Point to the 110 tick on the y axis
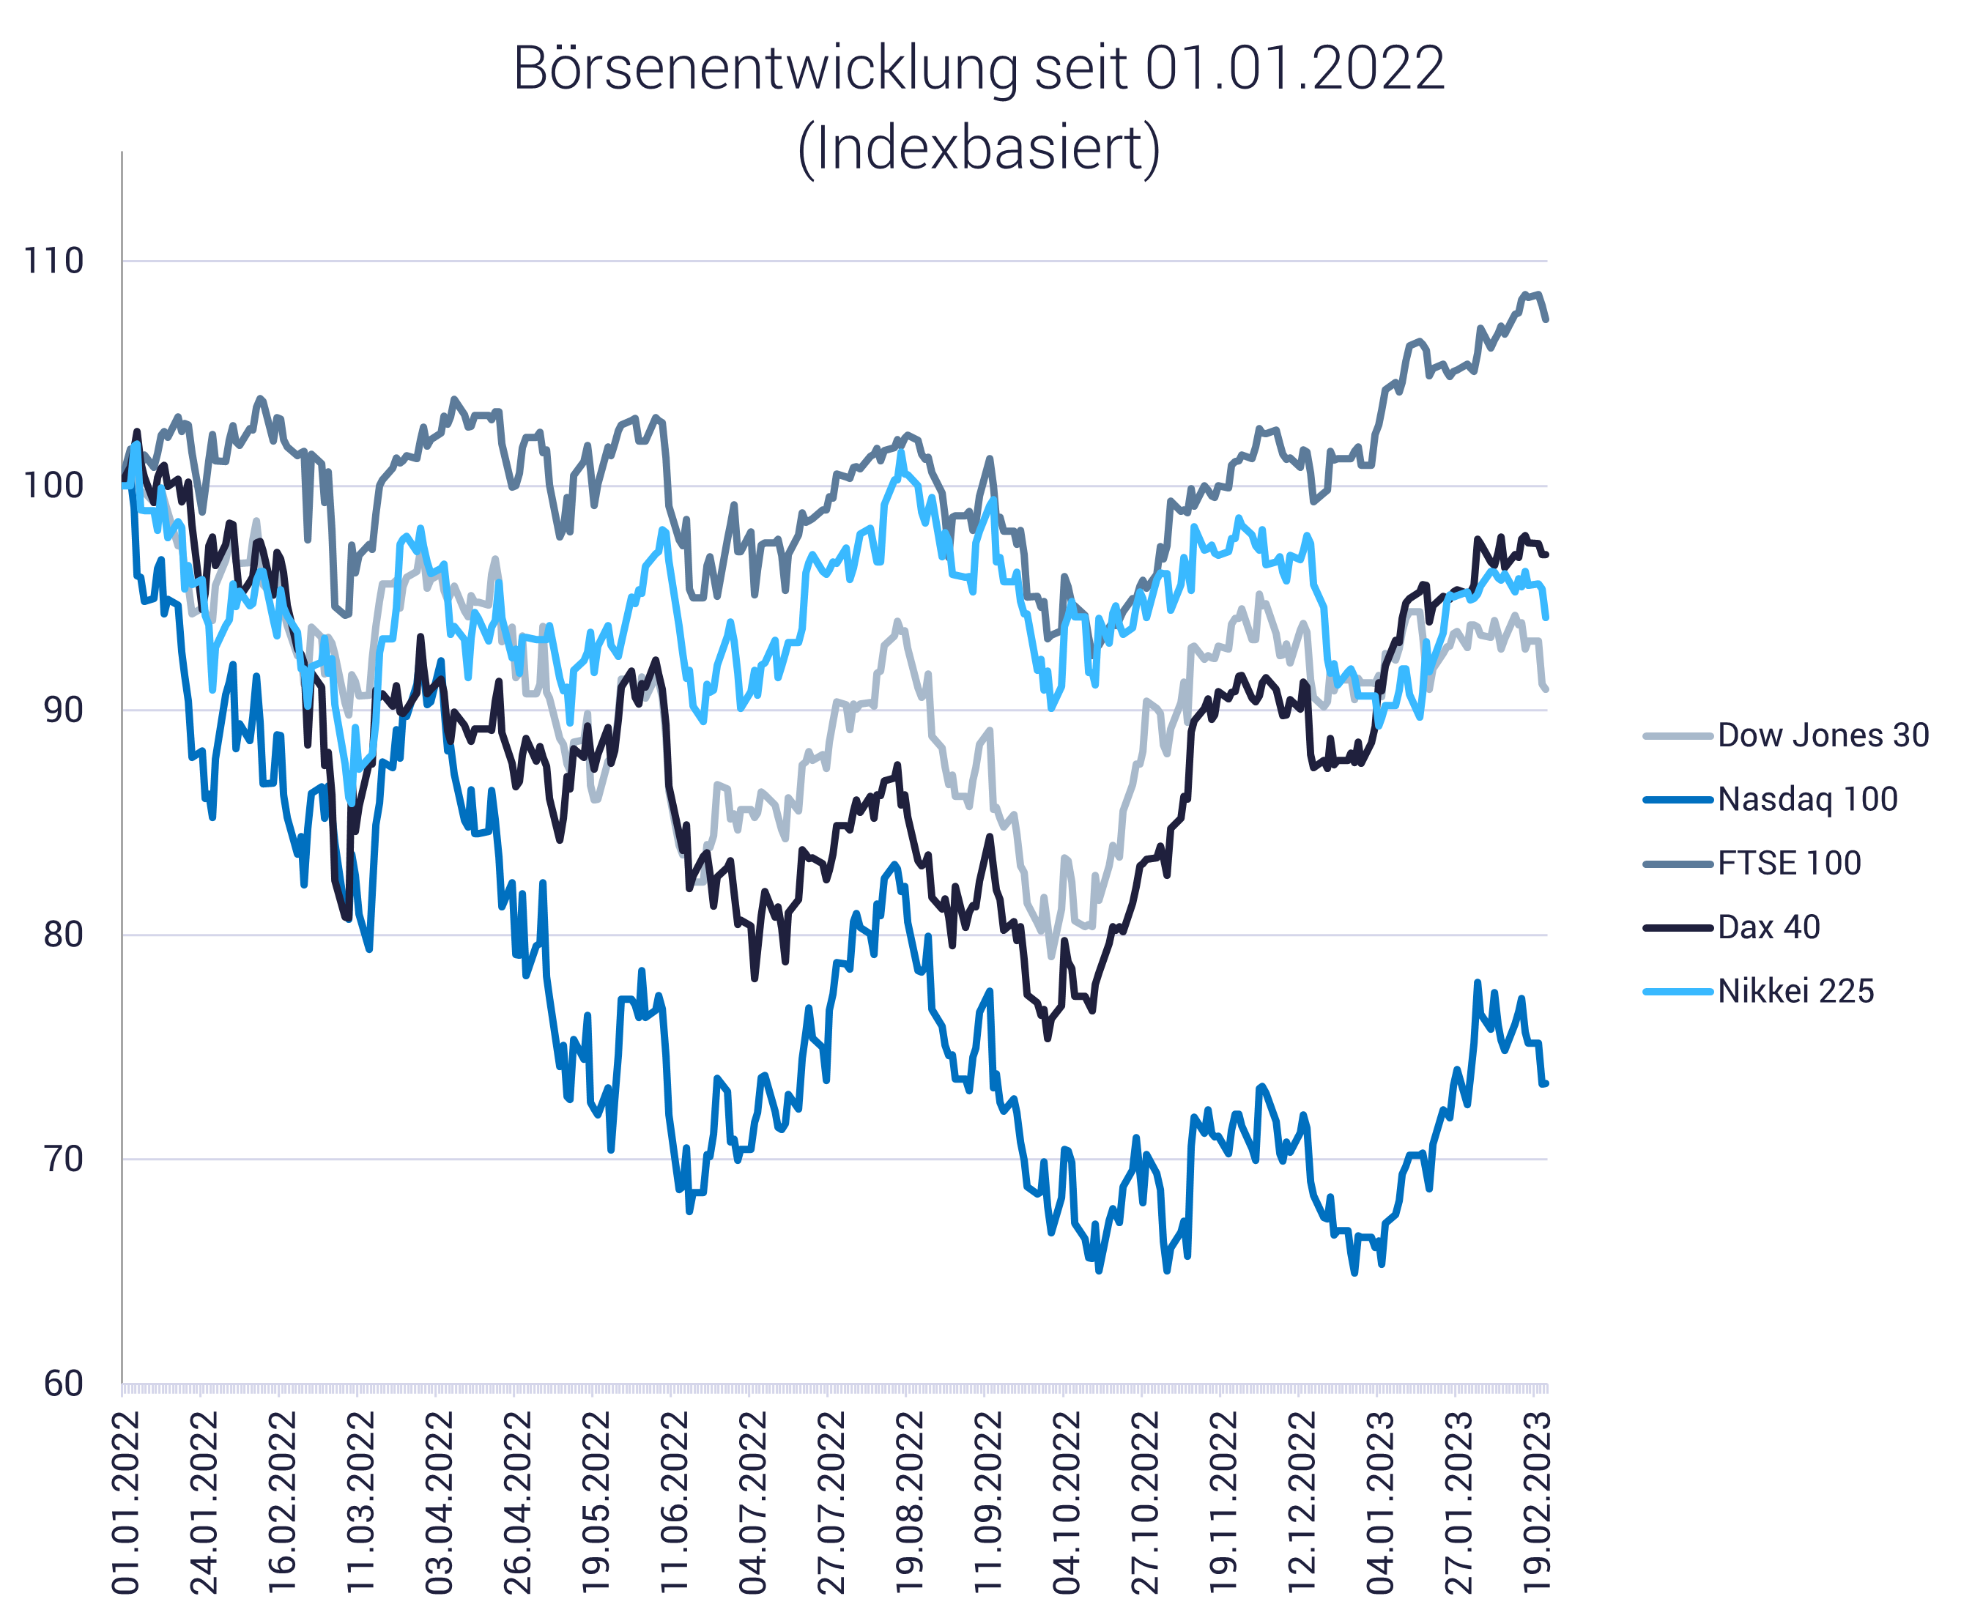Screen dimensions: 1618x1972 coord(54,261)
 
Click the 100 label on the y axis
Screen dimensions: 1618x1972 coord(54,486)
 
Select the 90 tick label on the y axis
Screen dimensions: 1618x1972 coord(64,710)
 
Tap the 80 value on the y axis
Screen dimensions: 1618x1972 coord(64,934)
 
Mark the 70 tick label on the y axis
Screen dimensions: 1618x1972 coord(64,1159)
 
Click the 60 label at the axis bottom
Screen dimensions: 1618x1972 coord(64,1384)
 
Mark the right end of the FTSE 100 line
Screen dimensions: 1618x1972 coord(1546,319)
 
